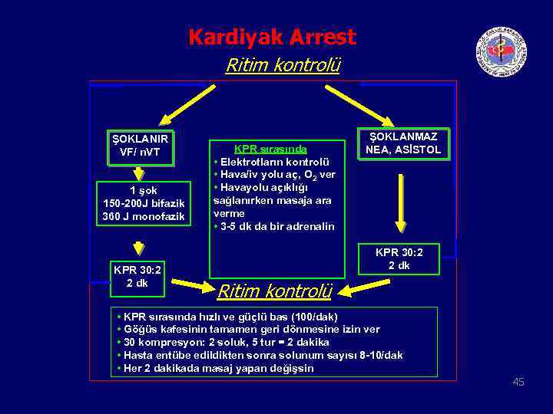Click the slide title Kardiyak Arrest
click(x=272, y=37)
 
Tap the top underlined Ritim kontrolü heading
click(x=282, y=65)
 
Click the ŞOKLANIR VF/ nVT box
click(x=140, y=146)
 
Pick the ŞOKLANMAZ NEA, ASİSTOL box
click(x=403, y=143)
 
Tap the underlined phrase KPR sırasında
click(x=270, y=149)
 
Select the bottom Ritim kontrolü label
click(x=274, y=291)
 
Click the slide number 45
click(x=518, y=382)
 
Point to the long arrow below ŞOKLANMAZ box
click(x=400, y=202)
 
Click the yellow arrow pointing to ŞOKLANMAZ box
click(x=359, y=103)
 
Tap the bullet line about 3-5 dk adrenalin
click(x=276, y=226)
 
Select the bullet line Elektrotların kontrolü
click(x=273, y=162)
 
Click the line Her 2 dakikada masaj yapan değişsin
click(x=216, y=368)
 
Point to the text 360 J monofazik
click(x=144, y=216)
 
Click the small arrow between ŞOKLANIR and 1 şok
click(x=138, y=173)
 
